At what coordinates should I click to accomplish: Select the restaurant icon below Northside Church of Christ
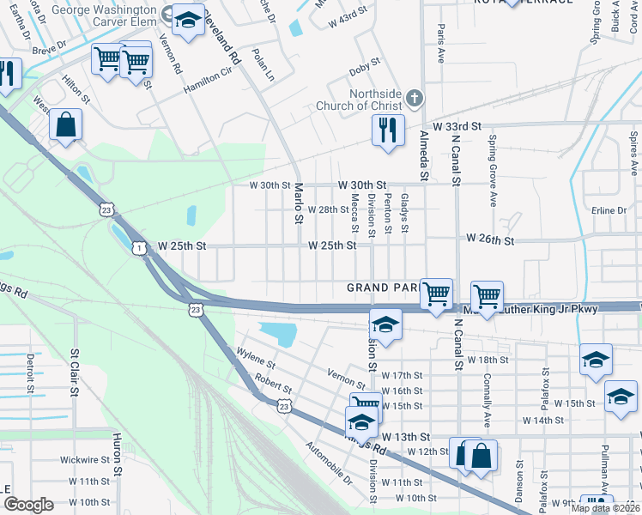tap(388, 130)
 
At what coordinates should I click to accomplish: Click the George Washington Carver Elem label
tap(106, 10)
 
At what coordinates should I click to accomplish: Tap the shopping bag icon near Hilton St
tap(65, 125)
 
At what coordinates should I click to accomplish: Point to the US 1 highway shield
tap(138, 247)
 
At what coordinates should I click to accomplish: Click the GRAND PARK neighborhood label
tap(383, 287)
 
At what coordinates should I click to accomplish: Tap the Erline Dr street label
tap(610, 210)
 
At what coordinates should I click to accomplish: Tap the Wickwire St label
tap(85, 459)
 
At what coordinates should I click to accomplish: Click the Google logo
tap(28, 505)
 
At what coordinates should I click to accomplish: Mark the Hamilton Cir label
tap(207, 83)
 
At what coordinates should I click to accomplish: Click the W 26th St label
tap(489, 241)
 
